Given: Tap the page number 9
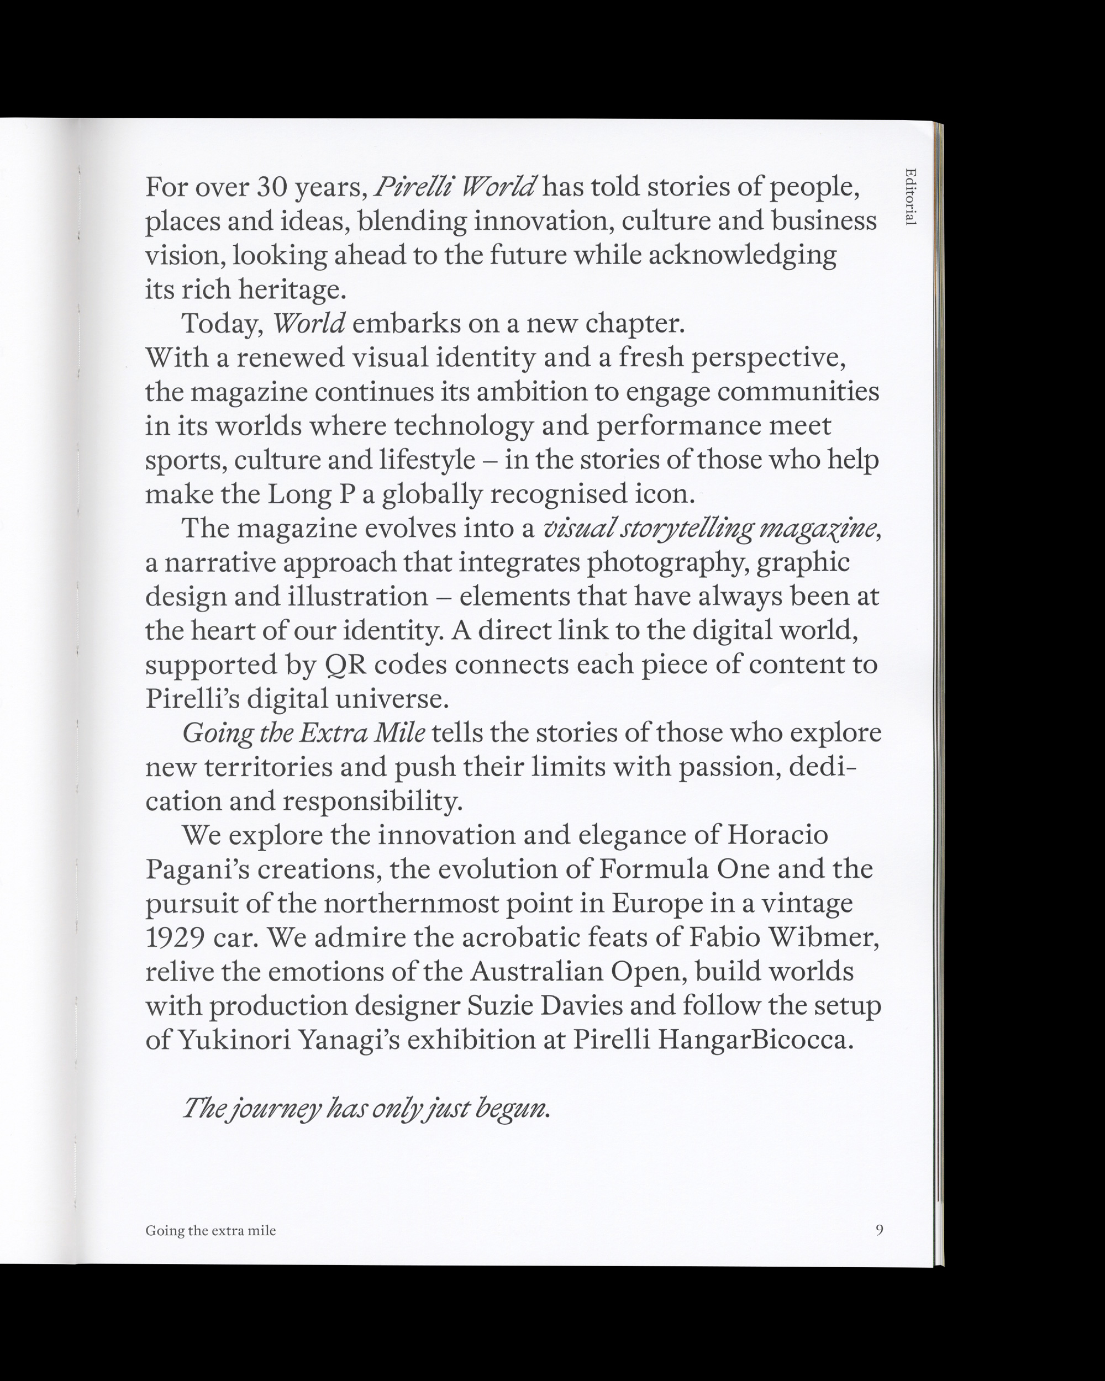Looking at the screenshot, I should tap(880, 1229).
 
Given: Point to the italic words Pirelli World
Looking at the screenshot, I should tap(455, 187).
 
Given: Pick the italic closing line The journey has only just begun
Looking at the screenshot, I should tap(366, 1108).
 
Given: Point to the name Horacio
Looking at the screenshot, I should tap(778, 835).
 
